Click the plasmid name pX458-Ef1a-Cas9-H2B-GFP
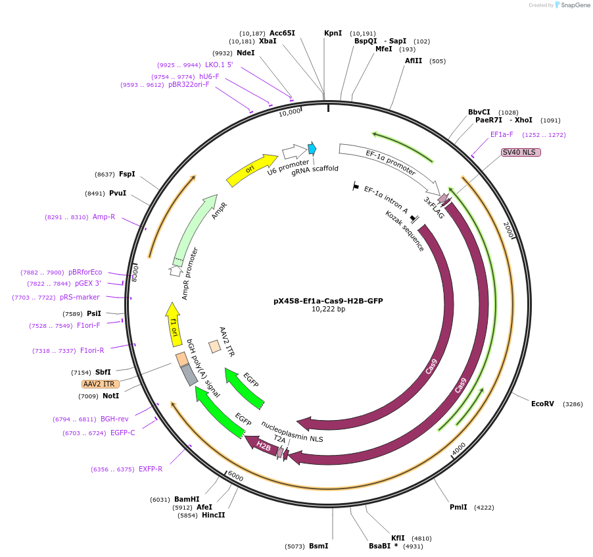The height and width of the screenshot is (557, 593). [328, 301]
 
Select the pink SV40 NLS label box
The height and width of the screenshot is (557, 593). [521, 152]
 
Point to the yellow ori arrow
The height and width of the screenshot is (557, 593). [251, 171]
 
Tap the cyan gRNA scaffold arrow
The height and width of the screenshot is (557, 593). [312, 149]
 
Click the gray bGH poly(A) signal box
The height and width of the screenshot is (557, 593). [189, 375]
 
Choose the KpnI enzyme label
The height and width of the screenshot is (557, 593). [333, 33]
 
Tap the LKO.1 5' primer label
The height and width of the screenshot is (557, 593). [219, 65]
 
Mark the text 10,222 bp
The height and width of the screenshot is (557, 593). [328, 309]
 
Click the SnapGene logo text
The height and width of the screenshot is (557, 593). [575, 5]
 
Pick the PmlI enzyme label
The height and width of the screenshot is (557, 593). [458, 507]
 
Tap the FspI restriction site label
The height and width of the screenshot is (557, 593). [127, 174]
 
